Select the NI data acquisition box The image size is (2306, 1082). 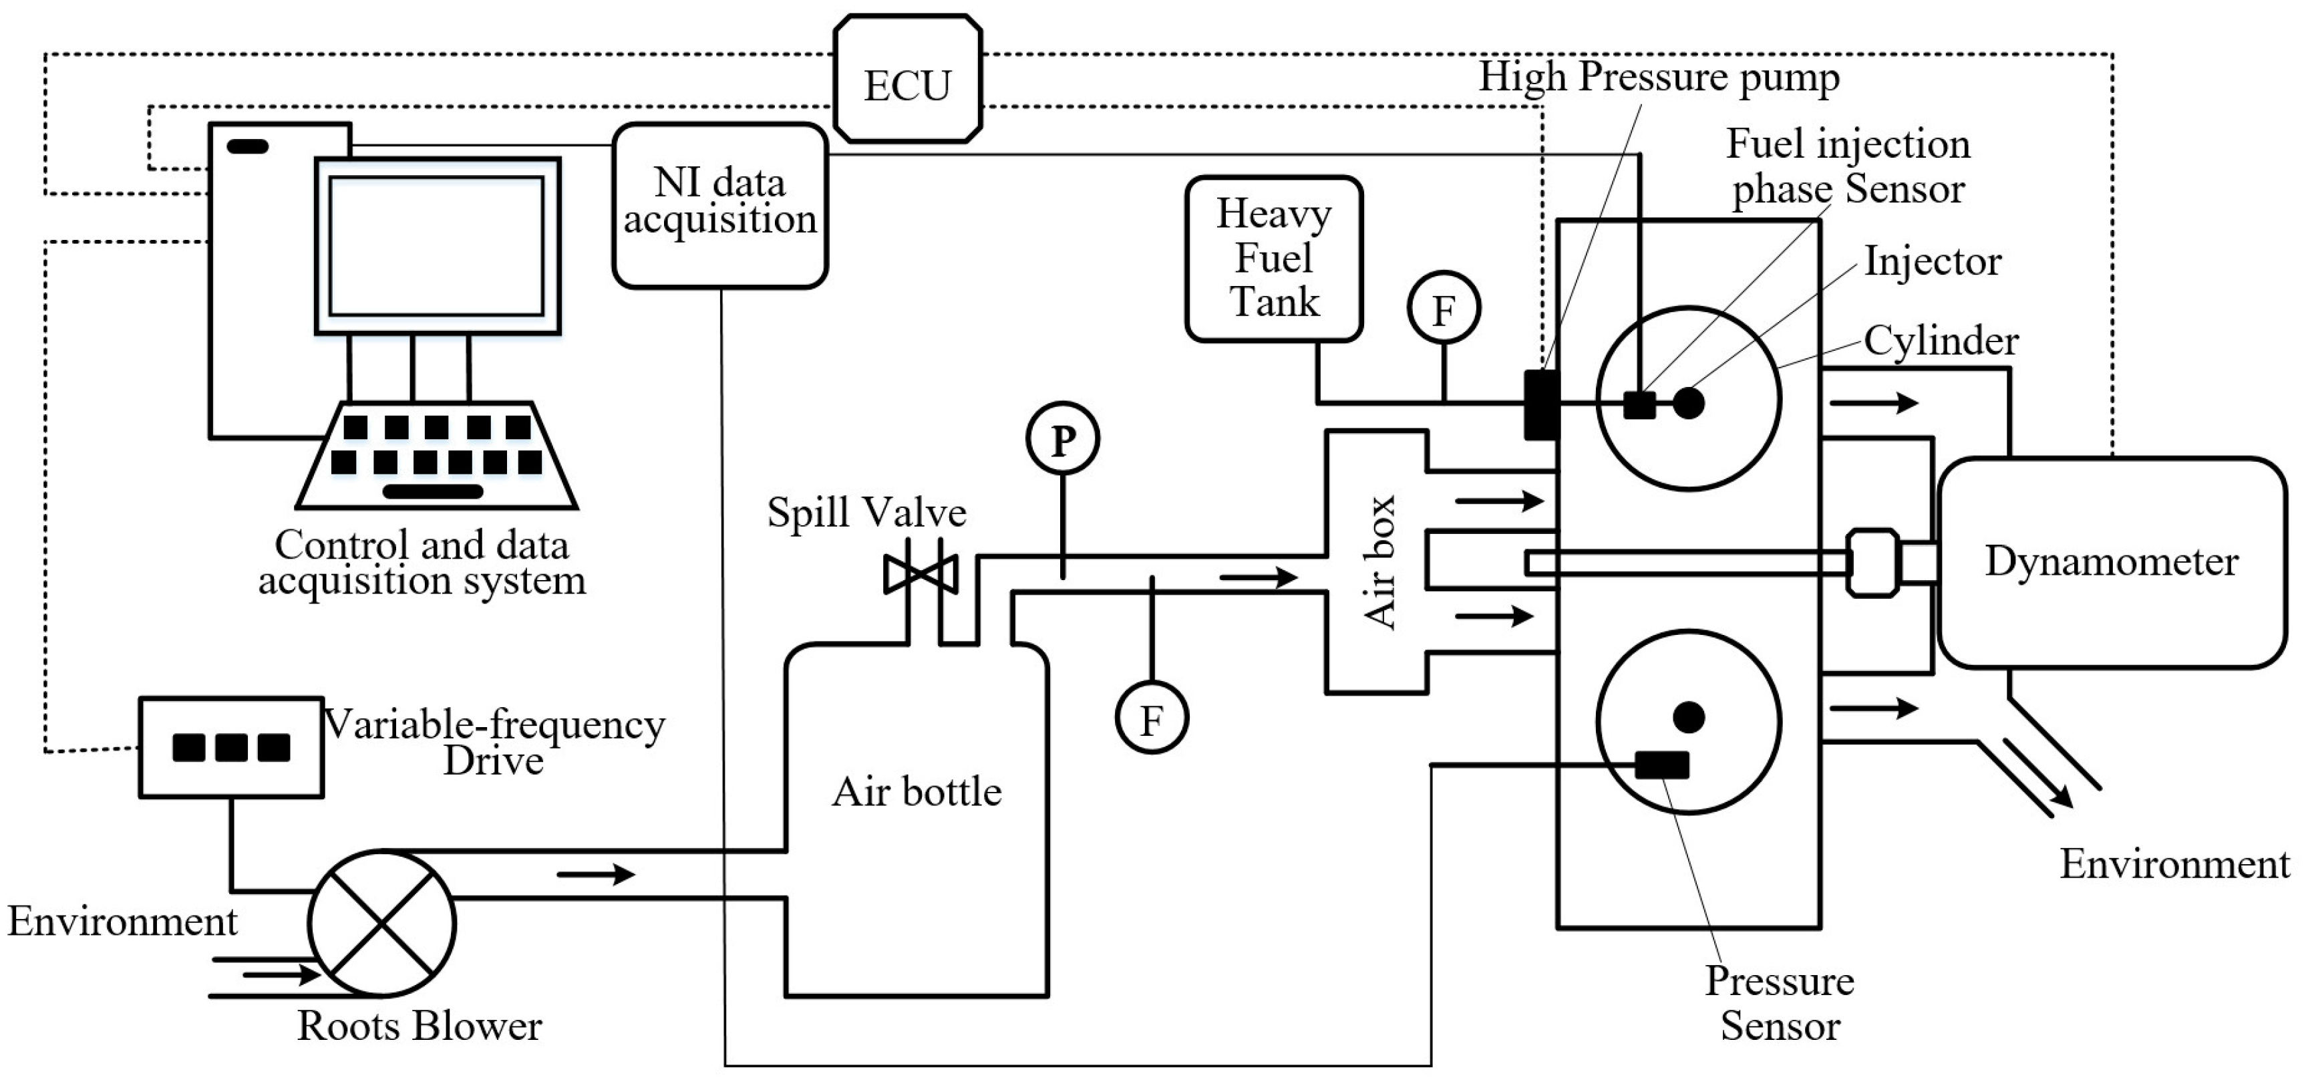719,205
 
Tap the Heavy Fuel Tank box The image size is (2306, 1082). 1273,259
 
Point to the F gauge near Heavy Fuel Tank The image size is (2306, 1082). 1443,309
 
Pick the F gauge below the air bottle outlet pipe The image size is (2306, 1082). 1151,718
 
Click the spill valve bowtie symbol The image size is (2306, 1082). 921,573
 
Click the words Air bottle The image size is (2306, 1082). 917,792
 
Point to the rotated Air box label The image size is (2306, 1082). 1379,563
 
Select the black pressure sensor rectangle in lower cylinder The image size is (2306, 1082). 1661,765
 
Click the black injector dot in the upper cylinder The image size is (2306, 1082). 1688,403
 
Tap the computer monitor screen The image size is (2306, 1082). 437,245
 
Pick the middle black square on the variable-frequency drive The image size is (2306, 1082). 231,747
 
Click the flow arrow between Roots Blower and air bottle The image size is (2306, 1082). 595,873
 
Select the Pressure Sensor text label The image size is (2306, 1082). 1779,1003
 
